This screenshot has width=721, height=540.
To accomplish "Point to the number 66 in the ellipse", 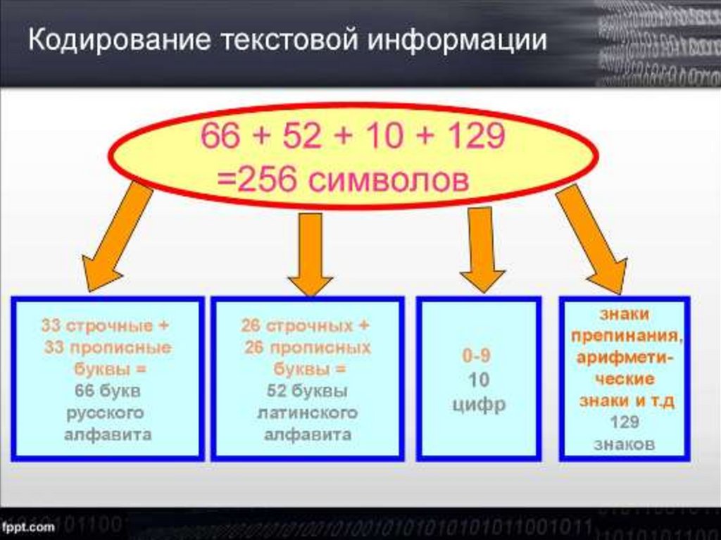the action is tap(220, 136).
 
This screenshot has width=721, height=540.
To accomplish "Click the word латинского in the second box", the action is tap(307, 413).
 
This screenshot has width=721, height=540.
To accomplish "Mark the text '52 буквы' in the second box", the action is tap(307, 391).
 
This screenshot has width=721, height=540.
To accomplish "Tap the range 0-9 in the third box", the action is tap(477, 356).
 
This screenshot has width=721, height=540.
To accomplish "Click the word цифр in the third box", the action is tap(479, 405).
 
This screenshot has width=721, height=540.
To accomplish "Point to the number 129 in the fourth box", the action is tap(624, 422).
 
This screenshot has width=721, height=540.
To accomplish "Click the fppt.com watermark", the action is tap(28, 527).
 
